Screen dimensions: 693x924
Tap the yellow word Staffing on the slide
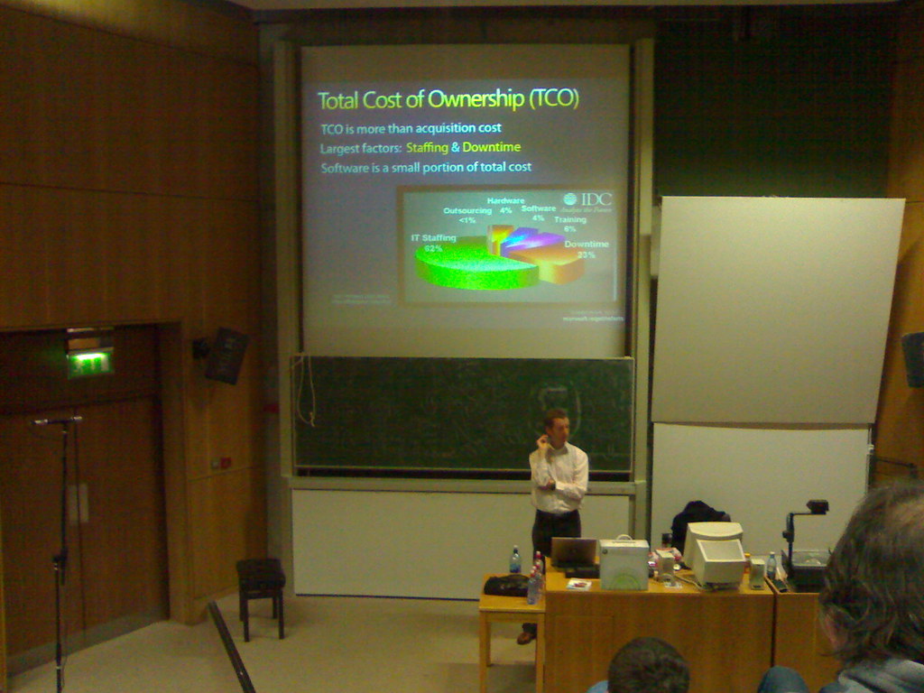click(427, 148)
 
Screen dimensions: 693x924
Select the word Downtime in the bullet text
click(492, 148)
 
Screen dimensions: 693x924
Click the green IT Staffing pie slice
click(465, 267)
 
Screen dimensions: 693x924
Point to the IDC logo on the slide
click(587, 200)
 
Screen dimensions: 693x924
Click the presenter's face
click(559, 430)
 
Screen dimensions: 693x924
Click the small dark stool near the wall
click(261, 577)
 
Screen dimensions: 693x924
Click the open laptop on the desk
click(574, 552)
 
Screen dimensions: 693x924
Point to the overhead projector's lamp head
click(817, 507)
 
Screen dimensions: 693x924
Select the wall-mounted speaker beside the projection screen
click(225, 355)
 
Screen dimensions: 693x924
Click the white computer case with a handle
click(624, 563)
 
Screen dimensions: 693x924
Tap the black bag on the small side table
click(506, 586)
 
